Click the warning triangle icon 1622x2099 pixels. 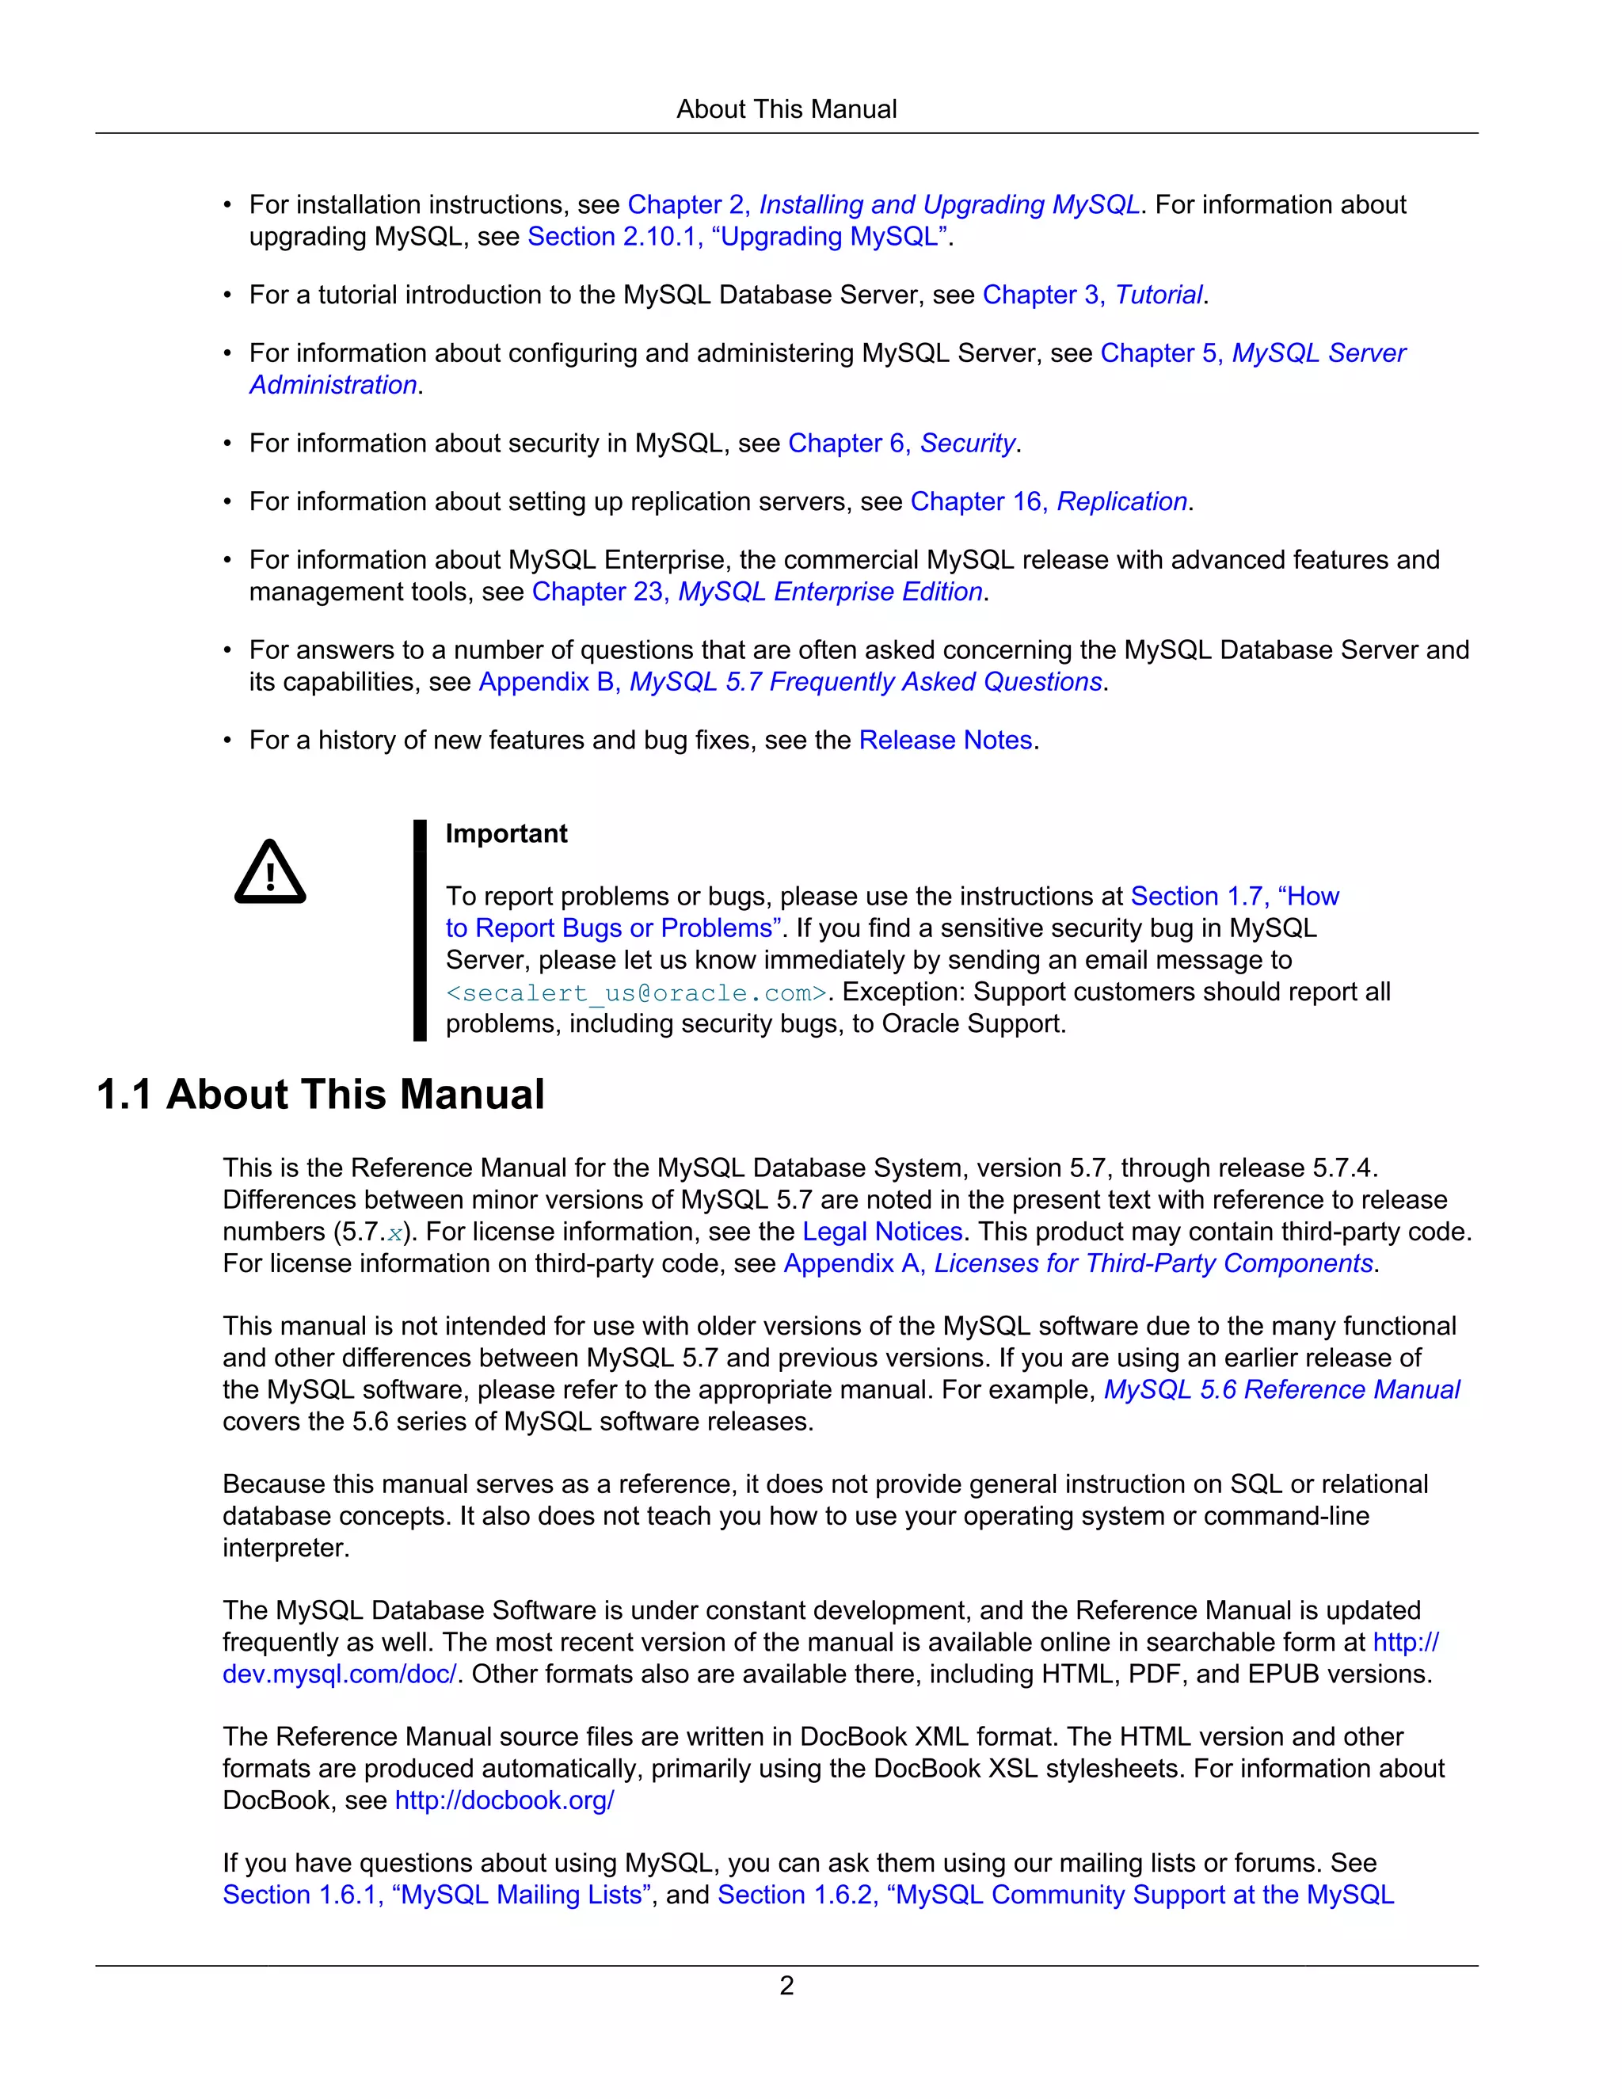pyautogui.click(x=270, y=873)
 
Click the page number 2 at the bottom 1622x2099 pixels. pyautogui.click(x=786, y=1985)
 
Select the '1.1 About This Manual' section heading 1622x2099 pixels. pyautogui.click(x=321, y=1095)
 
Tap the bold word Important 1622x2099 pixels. pyautogui.click(x=506, y=833)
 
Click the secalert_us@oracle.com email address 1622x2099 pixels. pyautogui.click(x=636, y=992)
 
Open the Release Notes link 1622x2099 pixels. pyautogui.click(x=946, y=740)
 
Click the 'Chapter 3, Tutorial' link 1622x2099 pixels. pyautogui.click(x=1092, y=295)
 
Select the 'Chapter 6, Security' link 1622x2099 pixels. pyautogui.click(x=901, y=443)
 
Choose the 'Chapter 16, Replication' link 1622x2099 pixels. pyautogui.click(x=1049, y=501)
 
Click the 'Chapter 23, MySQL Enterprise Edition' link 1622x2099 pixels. pyautogui.click(x=757, y=592)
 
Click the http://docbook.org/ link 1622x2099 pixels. pyautogui.click(x=504, y=1800)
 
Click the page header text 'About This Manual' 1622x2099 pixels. pyautogui.click(x=786, y=109)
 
